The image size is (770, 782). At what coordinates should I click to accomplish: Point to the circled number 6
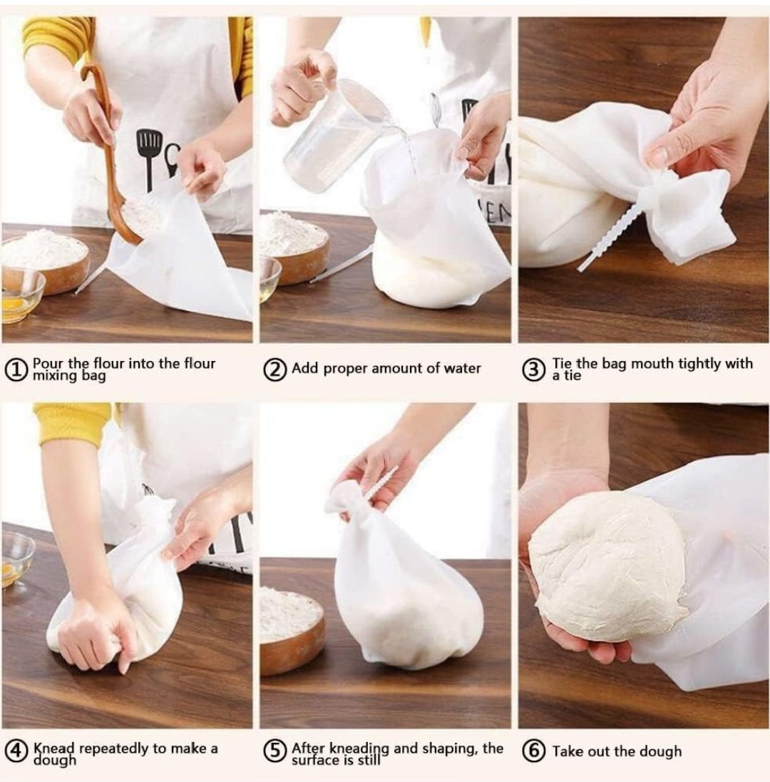click(x=534, y=751)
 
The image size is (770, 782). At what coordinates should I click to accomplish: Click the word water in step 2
click(x=462, y=368)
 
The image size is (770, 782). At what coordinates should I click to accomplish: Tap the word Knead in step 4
click(x=54, y=748)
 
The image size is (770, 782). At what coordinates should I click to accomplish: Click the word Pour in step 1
click(x=47, y=364)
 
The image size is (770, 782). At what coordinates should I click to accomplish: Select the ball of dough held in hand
click(x=606, y=564)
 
